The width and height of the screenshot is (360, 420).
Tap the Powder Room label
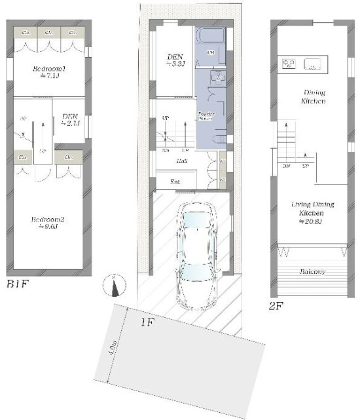207,116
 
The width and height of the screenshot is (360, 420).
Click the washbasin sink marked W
218,77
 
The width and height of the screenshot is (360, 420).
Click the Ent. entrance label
175,181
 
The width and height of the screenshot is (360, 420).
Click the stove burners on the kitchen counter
288,63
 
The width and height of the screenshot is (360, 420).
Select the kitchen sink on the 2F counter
312,64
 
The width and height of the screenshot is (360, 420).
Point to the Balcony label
312,271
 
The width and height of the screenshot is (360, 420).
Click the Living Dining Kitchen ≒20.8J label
312,213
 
